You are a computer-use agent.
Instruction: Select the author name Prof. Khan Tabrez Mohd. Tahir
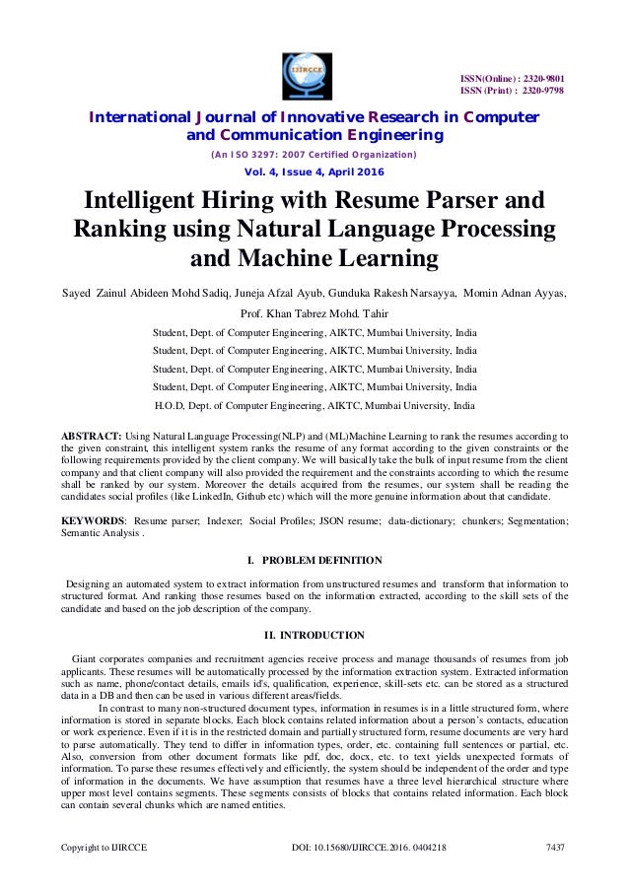314,312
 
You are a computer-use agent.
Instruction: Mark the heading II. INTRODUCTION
314,635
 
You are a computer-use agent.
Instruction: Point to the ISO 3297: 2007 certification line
314,155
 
